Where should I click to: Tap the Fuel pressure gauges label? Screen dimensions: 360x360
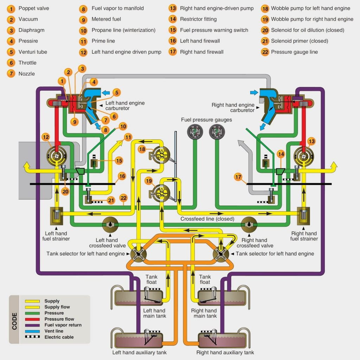click(206, 120)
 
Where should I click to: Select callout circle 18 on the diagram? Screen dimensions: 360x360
click(142, 149)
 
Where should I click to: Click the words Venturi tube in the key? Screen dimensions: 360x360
click(33, 52)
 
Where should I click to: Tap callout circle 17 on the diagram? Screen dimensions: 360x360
click(238, 177)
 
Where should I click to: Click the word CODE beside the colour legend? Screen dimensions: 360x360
click(15, 321)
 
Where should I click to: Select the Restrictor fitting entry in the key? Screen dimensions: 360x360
click(198, 19)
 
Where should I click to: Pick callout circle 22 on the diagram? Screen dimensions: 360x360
click(123, 198)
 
